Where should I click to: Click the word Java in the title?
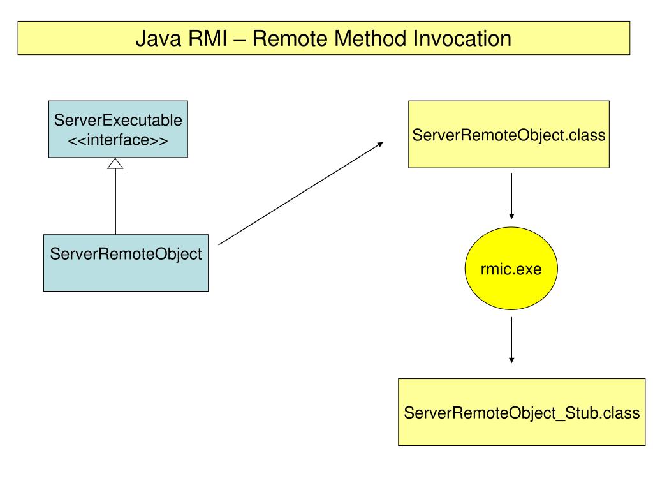(159, 38)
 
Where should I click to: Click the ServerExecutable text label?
(118, 120)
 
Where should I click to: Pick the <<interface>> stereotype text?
(118, 140)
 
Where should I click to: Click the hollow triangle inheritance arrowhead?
(115, 163)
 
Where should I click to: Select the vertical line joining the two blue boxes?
(115, 202)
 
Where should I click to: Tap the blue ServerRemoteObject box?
(126, 262)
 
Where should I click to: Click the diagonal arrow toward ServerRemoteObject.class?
(301, 193)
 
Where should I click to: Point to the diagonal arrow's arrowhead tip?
(383, 142)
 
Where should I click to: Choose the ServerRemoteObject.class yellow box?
(508, 134)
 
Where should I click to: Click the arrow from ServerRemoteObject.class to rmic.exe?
(511, 196)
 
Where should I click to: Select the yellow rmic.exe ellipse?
(511, 269)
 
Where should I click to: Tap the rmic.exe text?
(511, 269)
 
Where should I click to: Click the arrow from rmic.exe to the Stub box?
(511, 340)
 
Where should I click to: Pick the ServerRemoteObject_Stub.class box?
(522, 412)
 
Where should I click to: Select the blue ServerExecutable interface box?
(118, 129)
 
